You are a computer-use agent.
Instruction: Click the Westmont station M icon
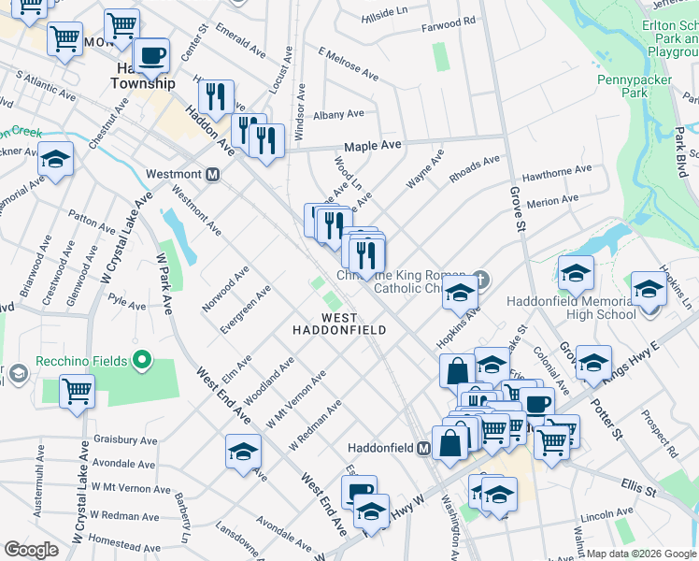tap(213, 174)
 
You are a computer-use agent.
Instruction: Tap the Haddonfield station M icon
tap(423, 448)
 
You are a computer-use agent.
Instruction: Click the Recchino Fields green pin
tap(141, 359)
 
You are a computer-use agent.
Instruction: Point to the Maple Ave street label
tap(372, 146)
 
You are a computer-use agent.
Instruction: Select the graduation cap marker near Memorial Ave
tap(56, 160)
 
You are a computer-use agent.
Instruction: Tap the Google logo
tap(32, 550)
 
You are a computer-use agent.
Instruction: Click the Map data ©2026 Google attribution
tap(641, 554)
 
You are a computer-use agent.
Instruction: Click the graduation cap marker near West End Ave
tap(243, 452)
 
